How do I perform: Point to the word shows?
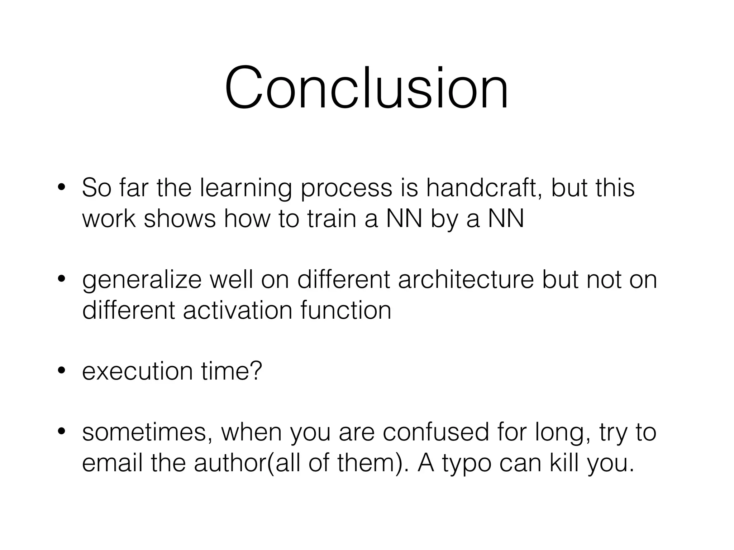(x=180, y=218)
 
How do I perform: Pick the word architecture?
(x=466, y=280)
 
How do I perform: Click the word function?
(x=346, y=310)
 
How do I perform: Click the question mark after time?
(x=257, y=371)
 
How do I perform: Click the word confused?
(x=435, y=432)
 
